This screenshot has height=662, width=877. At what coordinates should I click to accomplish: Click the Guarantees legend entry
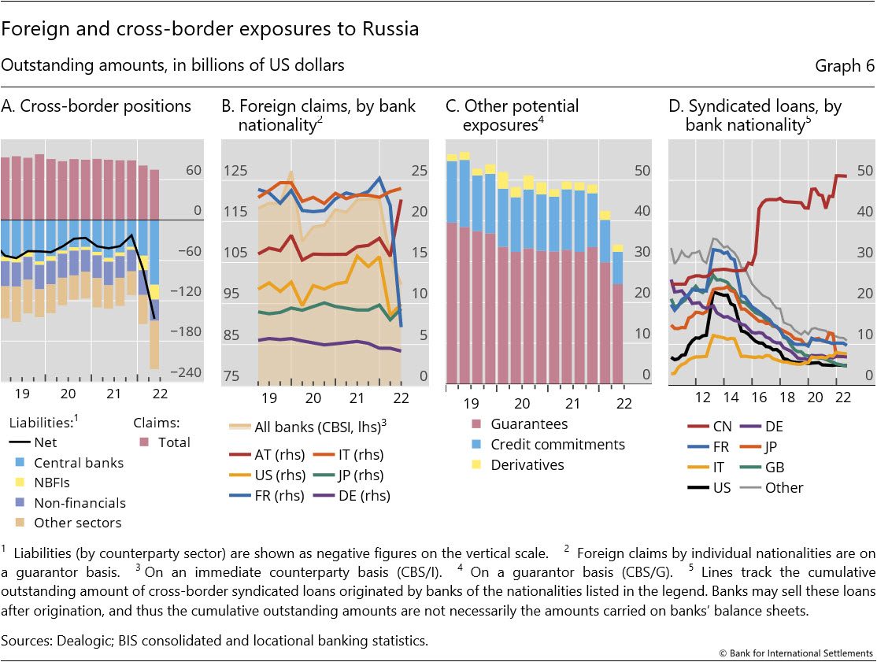tap(520, 424)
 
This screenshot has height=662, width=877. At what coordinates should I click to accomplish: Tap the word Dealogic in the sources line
tap(82, 639)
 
